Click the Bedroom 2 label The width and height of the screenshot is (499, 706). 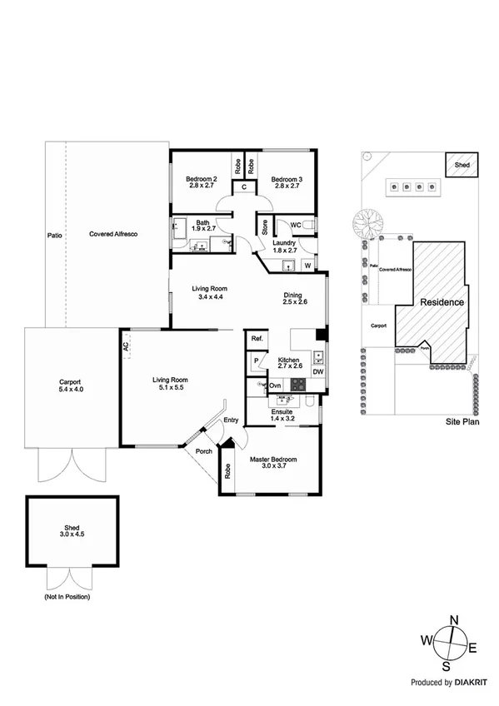[202, 182]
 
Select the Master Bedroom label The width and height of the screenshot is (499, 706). [273, 463]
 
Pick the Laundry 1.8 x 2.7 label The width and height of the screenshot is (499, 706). [286, 246]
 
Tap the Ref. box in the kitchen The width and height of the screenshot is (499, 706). [257, 339]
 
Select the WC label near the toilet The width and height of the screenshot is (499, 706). [295, 225]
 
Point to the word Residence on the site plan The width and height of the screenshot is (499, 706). [442, 302]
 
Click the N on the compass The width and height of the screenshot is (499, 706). [454, 620]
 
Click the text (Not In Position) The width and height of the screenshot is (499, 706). [67, 598]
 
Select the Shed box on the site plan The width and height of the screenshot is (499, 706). [461, 165]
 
